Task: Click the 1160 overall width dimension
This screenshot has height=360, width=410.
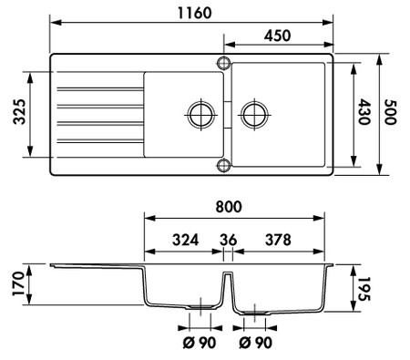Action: (x=194, y=13)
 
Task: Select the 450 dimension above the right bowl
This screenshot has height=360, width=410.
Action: (x=277, y=36)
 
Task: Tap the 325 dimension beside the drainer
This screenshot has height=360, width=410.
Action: (x=20, y=111)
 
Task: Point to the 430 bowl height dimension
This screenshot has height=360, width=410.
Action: (x=364, y=112)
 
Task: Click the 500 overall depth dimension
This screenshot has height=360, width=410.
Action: (x=390, y=112)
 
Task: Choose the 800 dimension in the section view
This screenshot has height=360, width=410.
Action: (x=229, y=207)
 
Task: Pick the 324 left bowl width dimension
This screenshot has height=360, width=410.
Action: (x=186, y=240)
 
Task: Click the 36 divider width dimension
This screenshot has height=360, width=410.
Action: (x=229, y=240)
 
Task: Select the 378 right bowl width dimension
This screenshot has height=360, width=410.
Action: (x=278, y=240)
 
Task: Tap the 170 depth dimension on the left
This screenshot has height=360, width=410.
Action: (x=18, y=283)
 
